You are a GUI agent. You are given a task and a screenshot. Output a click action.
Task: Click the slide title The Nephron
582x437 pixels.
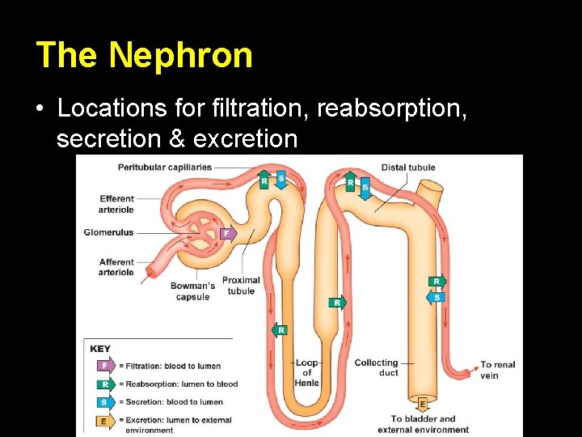144,55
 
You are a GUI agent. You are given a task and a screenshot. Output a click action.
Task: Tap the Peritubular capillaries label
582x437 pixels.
164,168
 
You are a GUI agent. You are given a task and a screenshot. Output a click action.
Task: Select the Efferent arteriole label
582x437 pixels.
116,204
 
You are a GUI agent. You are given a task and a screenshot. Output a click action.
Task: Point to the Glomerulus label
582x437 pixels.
108,233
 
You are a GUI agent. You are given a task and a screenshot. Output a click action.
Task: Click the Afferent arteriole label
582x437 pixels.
116,267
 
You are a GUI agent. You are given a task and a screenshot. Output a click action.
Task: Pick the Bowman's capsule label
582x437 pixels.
192,291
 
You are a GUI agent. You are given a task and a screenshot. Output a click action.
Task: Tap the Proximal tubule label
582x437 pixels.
241,286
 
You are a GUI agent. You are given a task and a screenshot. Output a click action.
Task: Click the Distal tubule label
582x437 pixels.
408,168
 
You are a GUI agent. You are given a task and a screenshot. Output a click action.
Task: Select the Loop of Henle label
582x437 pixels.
307,373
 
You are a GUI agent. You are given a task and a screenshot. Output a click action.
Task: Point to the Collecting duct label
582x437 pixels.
376,367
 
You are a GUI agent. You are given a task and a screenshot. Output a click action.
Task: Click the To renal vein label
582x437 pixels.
497,370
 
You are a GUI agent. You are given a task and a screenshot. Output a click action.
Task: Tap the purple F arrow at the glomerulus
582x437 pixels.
229,234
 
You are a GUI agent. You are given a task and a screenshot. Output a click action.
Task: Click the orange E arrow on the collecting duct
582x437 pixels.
422,403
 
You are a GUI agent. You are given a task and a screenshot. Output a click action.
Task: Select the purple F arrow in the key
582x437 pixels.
104,366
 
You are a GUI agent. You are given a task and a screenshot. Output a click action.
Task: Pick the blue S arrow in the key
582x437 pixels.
104,401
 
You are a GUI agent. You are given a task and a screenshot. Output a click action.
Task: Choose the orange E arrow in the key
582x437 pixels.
104,420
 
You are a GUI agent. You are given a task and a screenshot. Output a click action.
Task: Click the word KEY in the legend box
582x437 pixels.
100,349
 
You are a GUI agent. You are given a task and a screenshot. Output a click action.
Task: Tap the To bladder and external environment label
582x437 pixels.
423,424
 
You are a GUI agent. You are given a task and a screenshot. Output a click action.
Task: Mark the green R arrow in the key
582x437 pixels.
104,384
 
